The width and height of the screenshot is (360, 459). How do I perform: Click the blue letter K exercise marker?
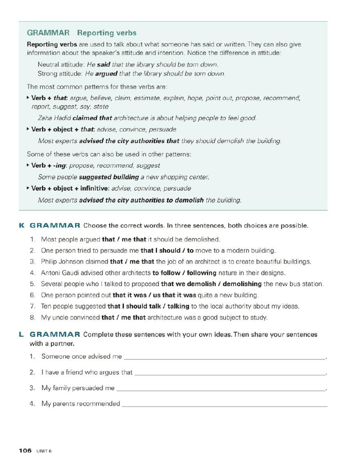click(x=21, y=225)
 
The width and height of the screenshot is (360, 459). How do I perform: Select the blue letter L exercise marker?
click(x=21, y=334)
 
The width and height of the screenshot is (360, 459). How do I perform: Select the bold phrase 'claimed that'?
click(x=92, y=118)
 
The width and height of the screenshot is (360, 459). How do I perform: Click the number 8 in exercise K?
click(x=32, y=317)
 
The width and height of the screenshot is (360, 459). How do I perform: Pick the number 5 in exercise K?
click(x=32, y=284)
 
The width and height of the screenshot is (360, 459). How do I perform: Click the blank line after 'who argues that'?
click(x=230, y=373)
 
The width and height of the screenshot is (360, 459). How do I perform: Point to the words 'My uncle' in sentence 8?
click(x=53, y=317)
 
